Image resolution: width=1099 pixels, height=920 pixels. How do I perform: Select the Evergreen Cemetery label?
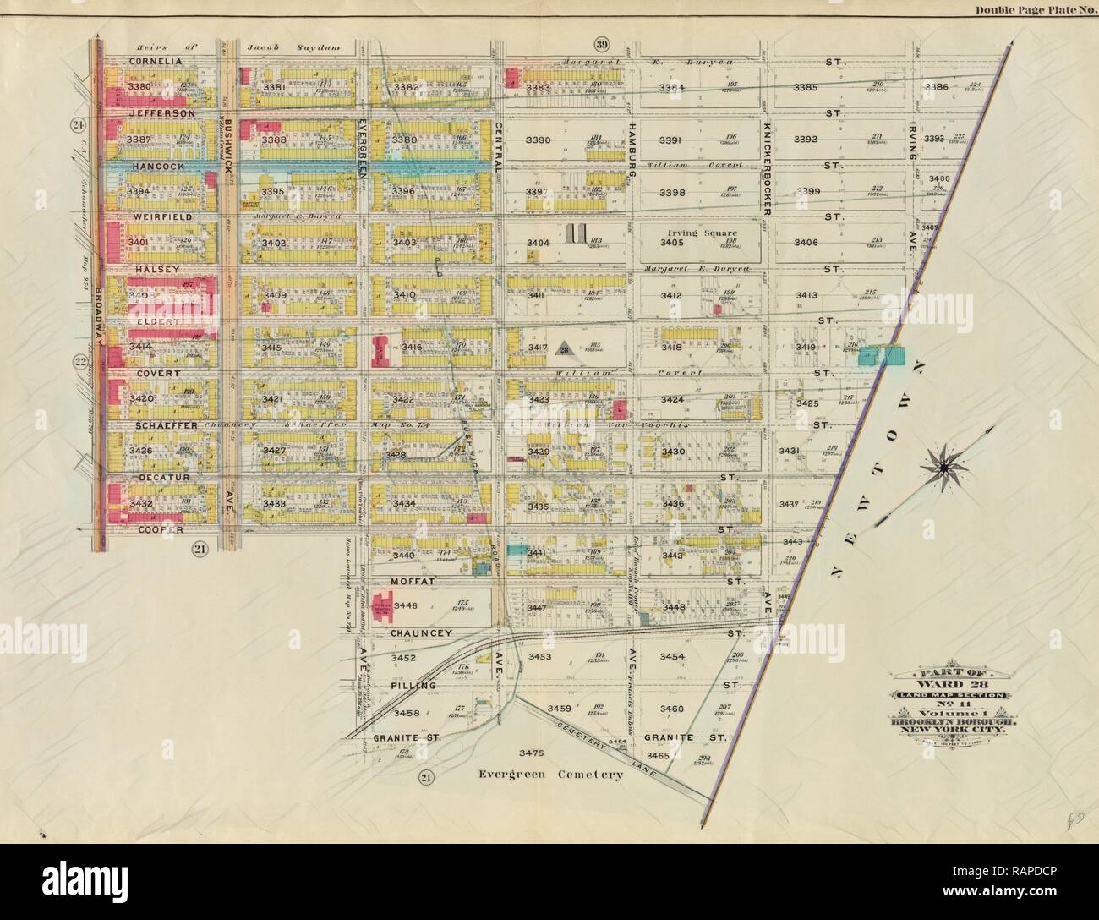point(550,774)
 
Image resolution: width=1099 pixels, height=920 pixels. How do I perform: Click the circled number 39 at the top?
point(601,45)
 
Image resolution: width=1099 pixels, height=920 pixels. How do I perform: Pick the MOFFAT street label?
point(412,582)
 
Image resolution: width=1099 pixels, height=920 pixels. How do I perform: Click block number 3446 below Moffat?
point(407,605)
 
